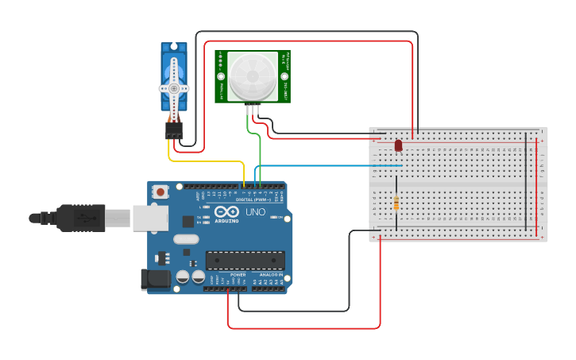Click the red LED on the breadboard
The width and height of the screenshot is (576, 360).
[398, 145]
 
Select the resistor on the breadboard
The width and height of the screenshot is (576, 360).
[396, 203]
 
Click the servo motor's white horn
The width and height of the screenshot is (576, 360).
[174, 88]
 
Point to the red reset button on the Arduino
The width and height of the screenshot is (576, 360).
[161, 192]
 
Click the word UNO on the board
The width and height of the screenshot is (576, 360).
[255, 212]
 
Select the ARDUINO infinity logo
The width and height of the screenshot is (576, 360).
[227, 212]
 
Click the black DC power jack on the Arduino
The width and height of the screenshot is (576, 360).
[154, 278]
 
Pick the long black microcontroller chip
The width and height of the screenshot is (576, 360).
[245, 260]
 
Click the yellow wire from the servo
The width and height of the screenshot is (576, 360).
[207, 161]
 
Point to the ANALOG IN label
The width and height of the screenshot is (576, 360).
[270, 274]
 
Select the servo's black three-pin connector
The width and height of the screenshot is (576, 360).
[174, 130]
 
